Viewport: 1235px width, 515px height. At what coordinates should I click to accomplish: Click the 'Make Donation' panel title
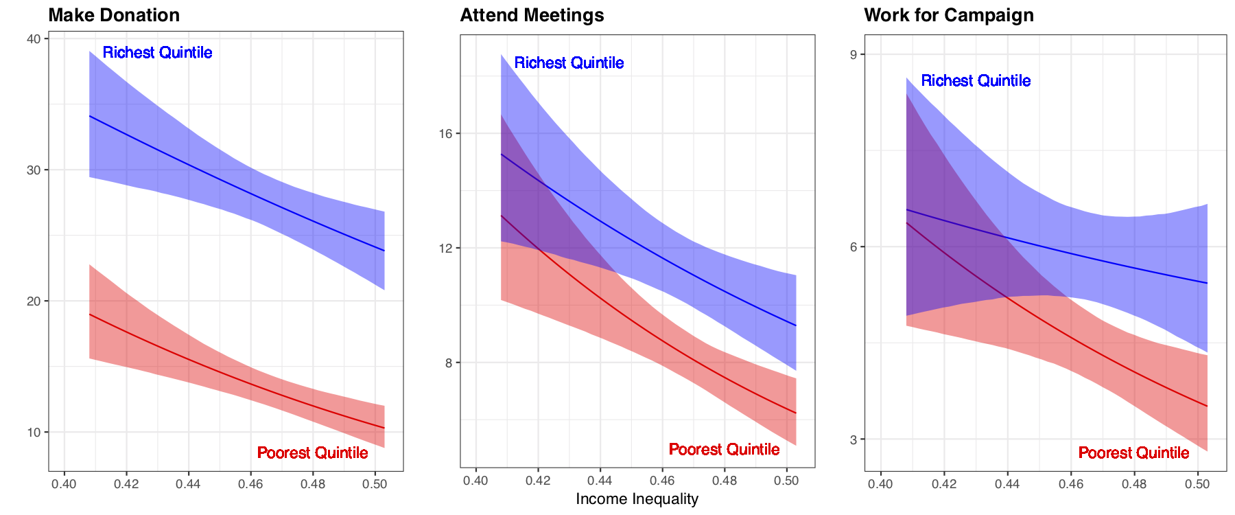click(x=114, y=15)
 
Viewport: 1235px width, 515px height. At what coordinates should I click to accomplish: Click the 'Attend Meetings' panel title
click(x=532, y=15)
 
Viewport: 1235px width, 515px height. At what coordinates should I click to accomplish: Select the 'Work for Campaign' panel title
click(x=948, y=15)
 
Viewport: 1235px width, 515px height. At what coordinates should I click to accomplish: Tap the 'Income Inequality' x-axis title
click(x=637, y=499)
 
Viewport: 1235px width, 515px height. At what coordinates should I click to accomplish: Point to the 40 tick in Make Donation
click(x=34, y=39)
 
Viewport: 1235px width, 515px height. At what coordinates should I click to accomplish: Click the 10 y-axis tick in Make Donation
click(x=34, y=433)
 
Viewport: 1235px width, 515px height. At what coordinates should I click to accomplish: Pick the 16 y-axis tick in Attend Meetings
click(x=445, y=134)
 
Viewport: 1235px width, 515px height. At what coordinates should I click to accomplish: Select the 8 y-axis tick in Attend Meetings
click(x=449, y=363)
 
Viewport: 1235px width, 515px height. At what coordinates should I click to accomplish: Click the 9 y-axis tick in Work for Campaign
click(x=854, y=55)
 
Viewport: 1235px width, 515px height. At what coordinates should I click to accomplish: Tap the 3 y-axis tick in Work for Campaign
click(x=854, y=439)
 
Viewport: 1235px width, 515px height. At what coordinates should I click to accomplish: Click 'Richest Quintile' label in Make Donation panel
click(x=158, y=53)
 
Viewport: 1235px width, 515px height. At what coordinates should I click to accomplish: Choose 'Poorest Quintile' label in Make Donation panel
click(x=313, y=453)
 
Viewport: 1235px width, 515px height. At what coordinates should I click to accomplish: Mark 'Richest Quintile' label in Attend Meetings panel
click(x=569, y=63)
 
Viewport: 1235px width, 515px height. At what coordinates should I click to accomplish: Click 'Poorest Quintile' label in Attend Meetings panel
click(x=725, y=450)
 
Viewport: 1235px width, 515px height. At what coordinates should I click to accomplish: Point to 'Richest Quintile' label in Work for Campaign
click(x=976, y=81)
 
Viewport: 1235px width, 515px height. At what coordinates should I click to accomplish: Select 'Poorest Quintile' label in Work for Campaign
click(x=1134, y=453)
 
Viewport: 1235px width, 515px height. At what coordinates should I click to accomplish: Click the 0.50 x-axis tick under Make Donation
click(x=375, y=484)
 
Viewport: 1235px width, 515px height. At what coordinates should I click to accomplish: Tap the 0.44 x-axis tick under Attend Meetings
click(x=600, y=481)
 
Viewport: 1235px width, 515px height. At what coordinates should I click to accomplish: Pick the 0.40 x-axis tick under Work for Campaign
click(x=880, y=484)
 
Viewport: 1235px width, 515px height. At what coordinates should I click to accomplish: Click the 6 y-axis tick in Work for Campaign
click(x=854, y=247)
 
